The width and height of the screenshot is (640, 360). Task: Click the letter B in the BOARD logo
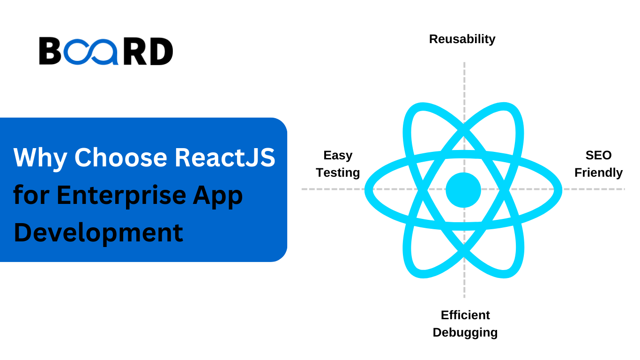pos(50,52)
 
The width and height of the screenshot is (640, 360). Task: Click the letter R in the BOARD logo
pos(135,52)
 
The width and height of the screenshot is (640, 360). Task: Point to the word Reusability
pos(462,39)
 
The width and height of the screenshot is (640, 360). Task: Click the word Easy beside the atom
pos(338,155)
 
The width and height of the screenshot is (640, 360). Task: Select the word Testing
pos(338,172)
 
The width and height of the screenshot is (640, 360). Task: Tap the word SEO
pos(598,155)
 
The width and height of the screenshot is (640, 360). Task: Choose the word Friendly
pos(598,172)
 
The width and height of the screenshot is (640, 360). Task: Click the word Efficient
pos(465,315)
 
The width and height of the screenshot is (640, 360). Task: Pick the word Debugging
pos(465,332)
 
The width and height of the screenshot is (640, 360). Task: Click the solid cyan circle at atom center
pos(463,190)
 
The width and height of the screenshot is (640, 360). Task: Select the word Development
pos(98,232)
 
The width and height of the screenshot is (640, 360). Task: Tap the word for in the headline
pos(30,195)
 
